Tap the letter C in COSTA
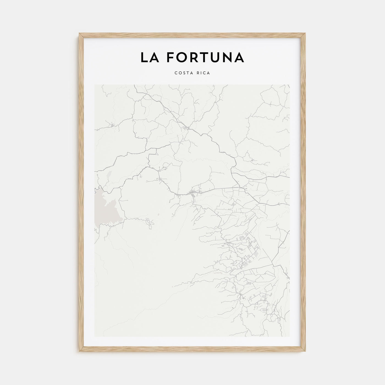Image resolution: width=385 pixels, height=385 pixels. coord(176,73)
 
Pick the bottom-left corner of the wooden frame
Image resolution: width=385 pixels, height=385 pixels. coord(79,352)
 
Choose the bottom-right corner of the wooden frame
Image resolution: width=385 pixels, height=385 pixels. coord(306,352)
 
